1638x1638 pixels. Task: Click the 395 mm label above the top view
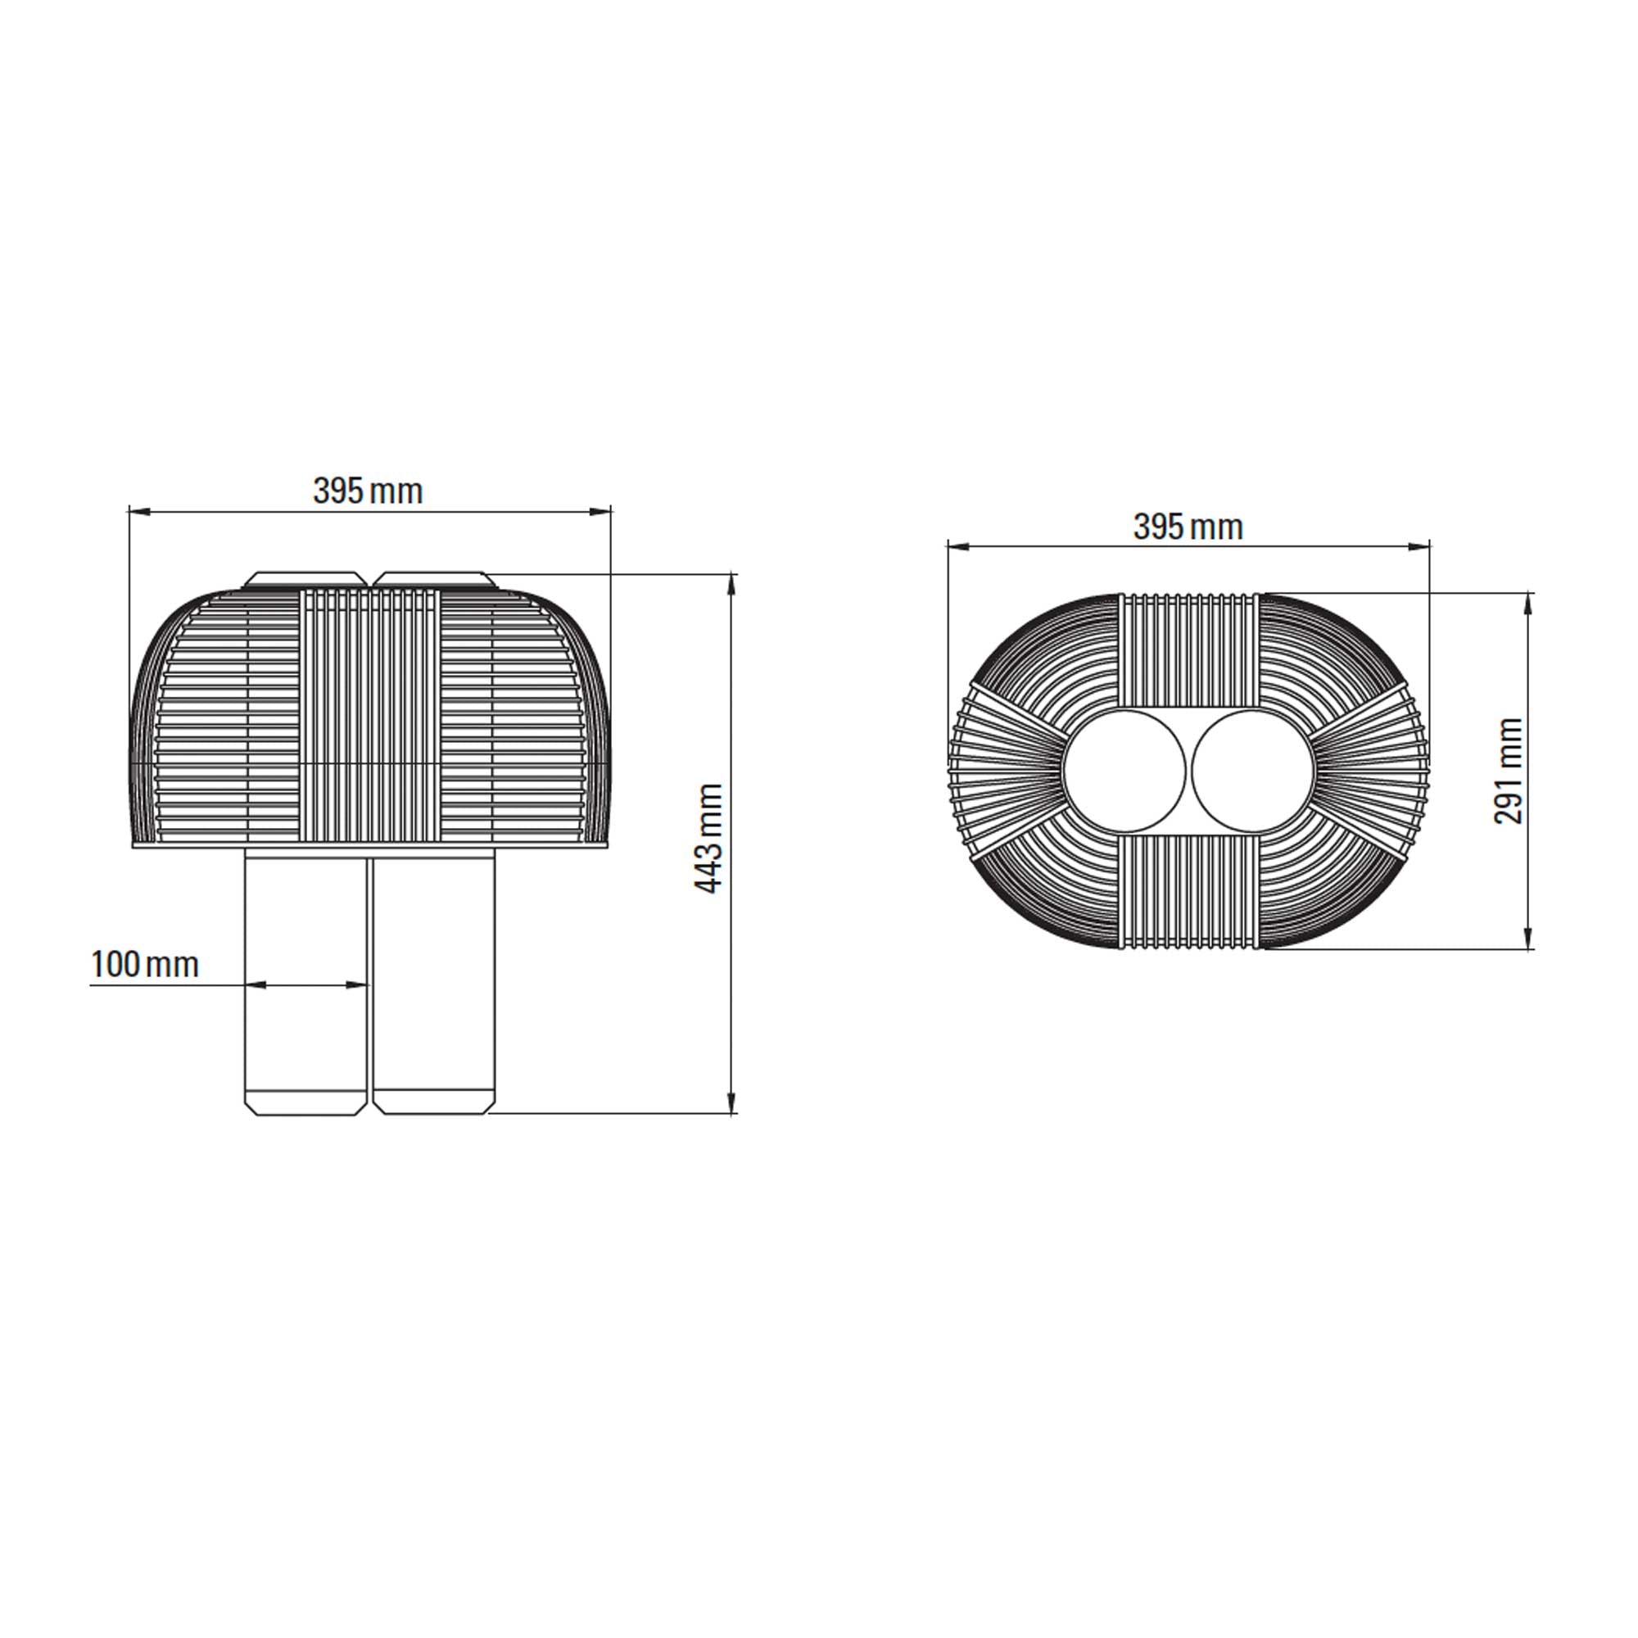[x=1187, y=527]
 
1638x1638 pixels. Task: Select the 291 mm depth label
[x=1509, y=771]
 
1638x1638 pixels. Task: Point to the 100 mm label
[x=145, y=964]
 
